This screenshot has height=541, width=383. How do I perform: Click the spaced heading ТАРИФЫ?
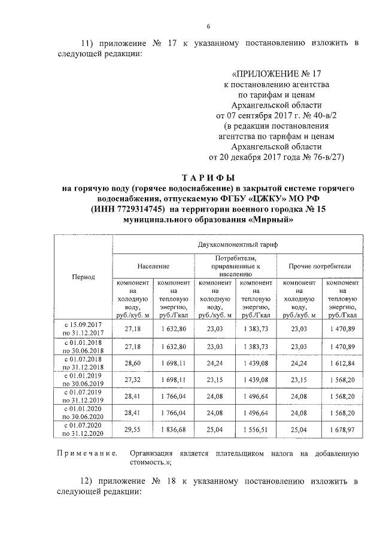pos(209,178)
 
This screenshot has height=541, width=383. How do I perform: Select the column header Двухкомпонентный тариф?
pos(238,245)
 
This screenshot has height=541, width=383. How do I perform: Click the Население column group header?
pos(153,266)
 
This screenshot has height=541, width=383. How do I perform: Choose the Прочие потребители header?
pos(320,266)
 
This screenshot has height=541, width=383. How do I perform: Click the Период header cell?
pos(83,277)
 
